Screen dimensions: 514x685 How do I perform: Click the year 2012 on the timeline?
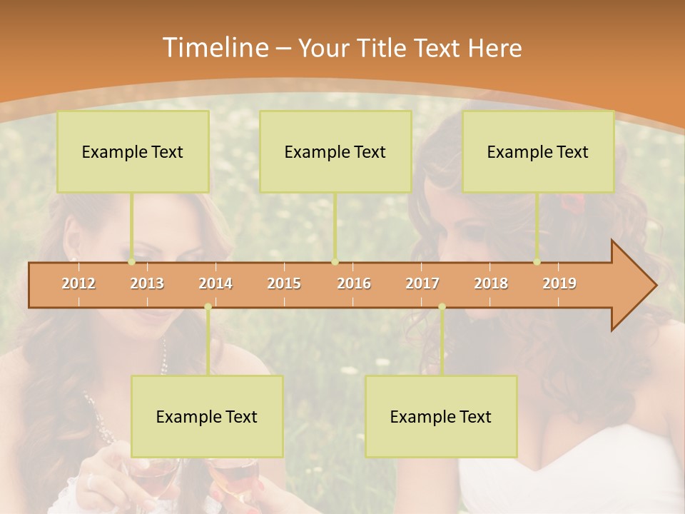click(78, 283)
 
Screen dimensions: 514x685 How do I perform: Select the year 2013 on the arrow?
click(147, 283)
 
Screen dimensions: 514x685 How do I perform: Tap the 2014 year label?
click(215, 283)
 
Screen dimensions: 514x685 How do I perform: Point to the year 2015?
click(284, 283)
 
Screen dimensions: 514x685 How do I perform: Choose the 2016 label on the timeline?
click(354, 283)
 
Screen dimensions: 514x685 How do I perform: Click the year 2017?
click(422, 283)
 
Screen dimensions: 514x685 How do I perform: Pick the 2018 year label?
click(491, 283)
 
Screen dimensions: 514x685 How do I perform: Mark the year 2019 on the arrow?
click(559, 283)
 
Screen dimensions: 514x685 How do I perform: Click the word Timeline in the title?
click(214, 48)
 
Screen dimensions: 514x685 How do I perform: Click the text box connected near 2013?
click(133, 151)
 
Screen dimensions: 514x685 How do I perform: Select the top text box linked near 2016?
click(335, 151)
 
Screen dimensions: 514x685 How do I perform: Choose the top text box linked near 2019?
click(538, 151)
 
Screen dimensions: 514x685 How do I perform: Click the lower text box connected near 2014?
click(207, 416)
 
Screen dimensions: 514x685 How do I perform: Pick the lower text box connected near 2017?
click(441, 416)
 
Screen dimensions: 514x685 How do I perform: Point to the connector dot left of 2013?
click(132, 262)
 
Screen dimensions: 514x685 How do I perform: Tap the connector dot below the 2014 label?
click(208, 307)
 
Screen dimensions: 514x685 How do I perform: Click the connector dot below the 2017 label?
click(442, 307)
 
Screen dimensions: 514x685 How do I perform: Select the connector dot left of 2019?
click(537, 262)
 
